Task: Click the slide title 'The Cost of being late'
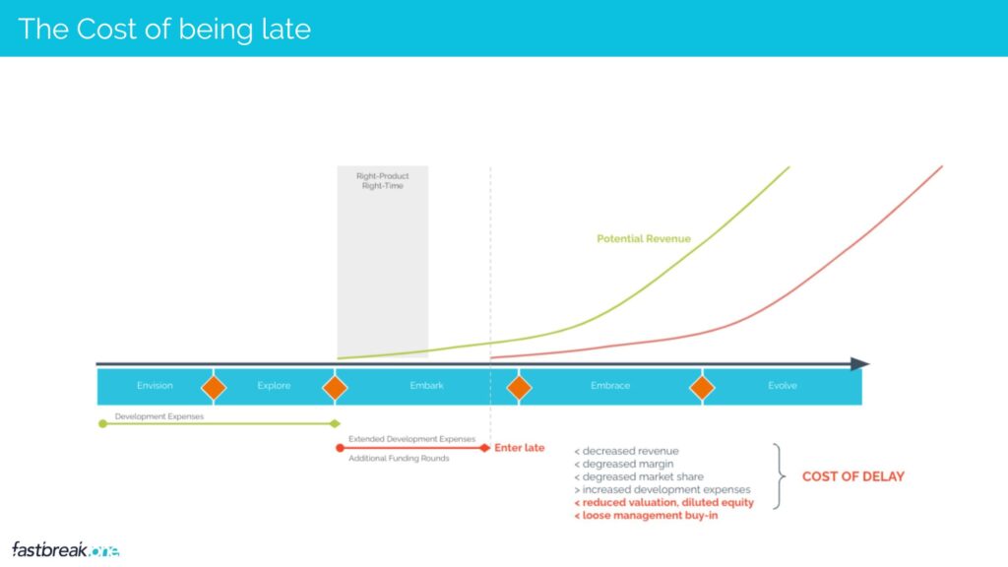pos(164,30)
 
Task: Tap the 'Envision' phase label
pos(155,386)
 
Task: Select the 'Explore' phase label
pos(274,386)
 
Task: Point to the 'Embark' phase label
pos(427,386)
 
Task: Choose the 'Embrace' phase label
pos(610,386)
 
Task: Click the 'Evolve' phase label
pos(783,386)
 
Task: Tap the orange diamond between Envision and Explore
pos(214,388)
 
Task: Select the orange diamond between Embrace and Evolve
pos(702,388)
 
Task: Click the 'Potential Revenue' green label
pos(644,238)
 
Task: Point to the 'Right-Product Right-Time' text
pos(383,181)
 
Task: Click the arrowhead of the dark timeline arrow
pos(859,364)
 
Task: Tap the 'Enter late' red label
pos(520,448)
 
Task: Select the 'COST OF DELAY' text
pos(853,476)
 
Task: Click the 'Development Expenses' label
pos(159,416)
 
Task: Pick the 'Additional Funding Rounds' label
pos(400,459)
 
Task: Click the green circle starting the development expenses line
pos(102,423)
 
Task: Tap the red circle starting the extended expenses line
pos(340,448)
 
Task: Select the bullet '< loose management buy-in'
pos(646,516)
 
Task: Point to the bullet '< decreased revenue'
pos(626,451)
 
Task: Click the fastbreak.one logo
pos(66,549)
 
